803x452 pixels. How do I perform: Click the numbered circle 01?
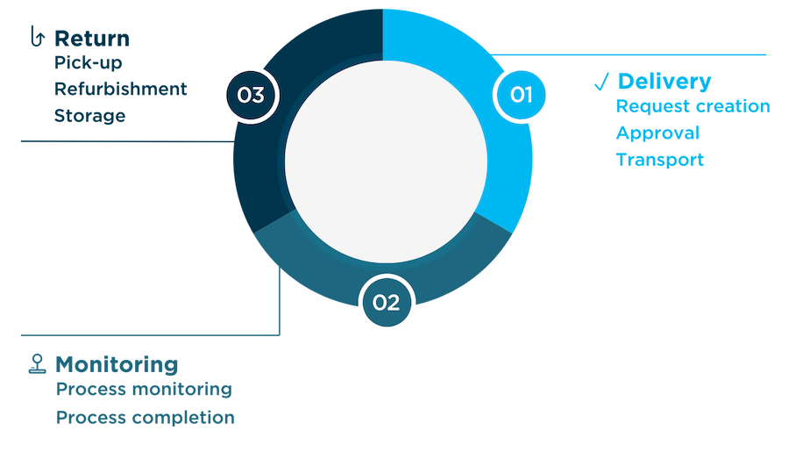point(521,95)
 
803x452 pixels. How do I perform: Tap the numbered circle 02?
point(387,303)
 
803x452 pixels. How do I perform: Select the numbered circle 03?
point(251,96)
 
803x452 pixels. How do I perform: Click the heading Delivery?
point(664,82)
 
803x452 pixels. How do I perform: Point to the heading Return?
point(92,39)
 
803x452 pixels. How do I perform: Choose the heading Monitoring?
point(117,364)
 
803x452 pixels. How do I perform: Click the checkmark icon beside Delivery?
point(601,82)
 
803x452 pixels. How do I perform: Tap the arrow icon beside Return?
point(38,36)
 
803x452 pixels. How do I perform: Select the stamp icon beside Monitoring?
point(37,364)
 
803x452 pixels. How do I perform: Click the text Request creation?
point(693,106)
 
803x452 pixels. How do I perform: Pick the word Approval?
point(657,133)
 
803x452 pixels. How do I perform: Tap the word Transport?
point(659,160)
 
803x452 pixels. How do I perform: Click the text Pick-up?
point(88,62)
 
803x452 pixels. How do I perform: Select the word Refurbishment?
point(120,89)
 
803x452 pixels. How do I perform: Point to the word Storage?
point(89,116)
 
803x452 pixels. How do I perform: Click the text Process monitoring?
point(144,390)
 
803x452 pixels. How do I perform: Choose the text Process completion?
point(146,418)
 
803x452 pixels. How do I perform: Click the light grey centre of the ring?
point(386,161)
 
